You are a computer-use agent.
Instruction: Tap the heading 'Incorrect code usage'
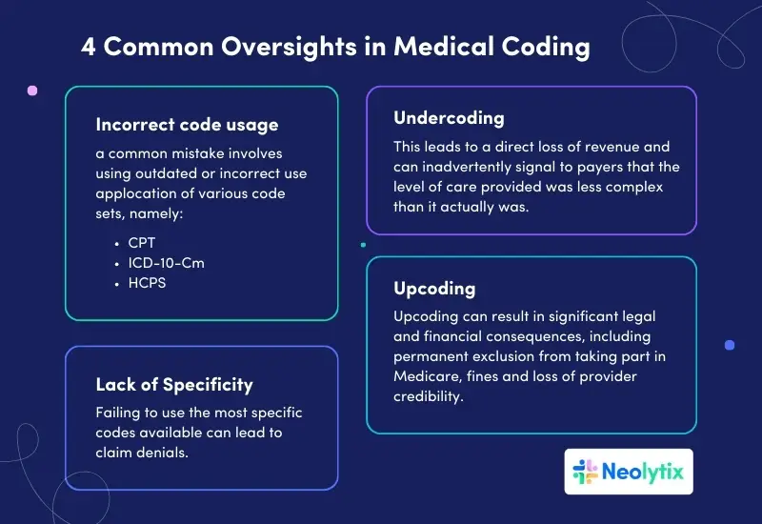click(x=187, y=124)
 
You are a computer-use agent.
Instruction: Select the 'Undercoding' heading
click(x=449, y=118)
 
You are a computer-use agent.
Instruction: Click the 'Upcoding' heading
click(x=434, y=288)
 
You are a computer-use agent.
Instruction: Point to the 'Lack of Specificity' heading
click(x=174, y=384)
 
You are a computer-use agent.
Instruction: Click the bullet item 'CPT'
click(x=141, y=243)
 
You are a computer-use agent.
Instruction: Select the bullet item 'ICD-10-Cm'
click(x=166, y=263)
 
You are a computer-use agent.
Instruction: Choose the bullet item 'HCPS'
click(x=147, y=283)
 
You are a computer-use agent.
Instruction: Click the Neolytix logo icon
click(x=585, y=472)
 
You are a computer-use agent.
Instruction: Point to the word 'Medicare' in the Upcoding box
click(x=423, y=376)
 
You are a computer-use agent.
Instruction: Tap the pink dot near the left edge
click(x=32, y=91)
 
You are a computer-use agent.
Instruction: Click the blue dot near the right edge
click(x=730, y=345)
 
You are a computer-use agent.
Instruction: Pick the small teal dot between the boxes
click(x=363, y=244)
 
